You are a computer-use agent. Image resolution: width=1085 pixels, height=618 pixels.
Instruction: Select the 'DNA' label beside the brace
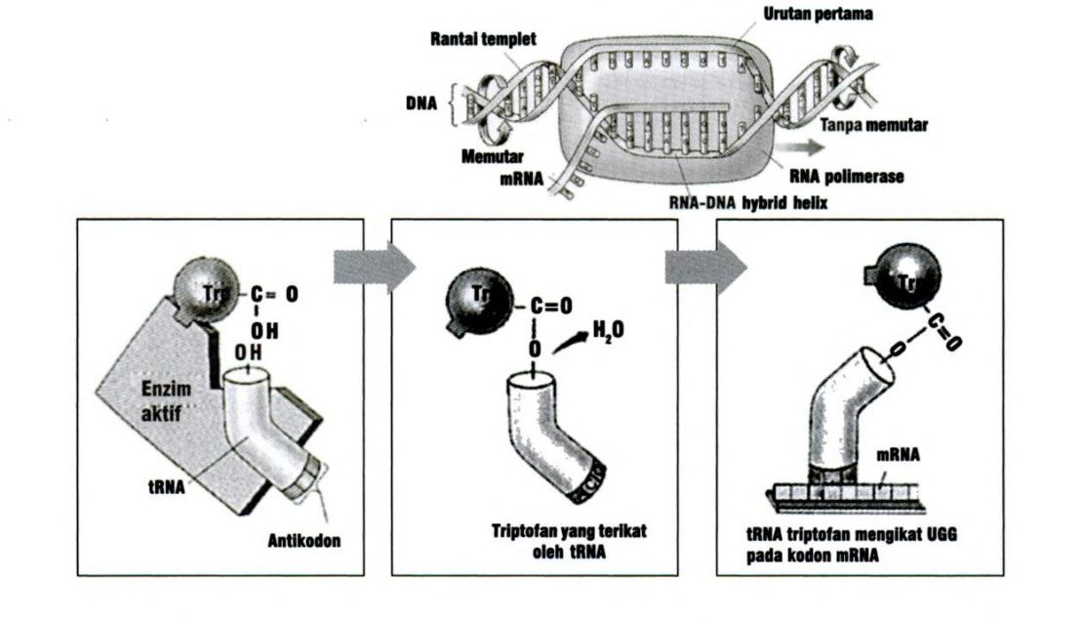pos(422,103)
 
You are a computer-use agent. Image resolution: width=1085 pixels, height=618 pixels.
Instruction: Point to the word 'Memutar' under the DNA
pos(494,156)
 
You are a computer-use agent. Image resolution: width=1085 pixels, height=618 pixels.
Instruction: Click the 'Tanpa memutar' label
pos(873,125)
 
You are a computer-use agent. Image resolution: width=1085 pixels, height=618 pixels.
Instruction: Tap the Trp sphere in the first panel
pos(200,290)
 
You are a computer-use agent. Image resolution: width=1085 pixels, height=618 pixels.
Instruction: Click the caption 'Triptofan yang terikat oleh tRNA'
pos(570,539)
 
